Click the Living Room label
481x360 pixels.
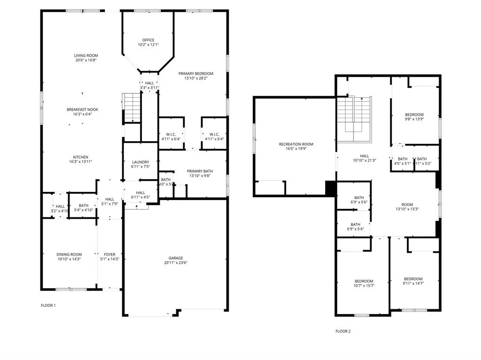tap(85, 58)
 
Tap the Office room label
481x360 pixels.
tap(148, 42)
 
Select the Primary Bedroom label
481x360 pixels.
tap(196, 76)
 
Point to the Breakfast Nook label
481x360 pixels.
tap(82, 112)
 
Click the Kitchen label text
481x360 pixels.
tap(80, 160)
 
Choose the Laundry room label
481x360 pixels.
tap(140, 164)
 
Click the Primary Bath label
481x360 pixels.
tap(200, 174)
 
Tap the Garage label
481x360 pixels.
tap(176, 260)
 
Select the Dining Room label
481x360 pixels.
tap(69, 257)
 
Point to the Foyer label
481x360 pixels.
tap(109, 257)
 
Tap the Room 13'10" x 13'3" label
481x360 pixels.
tap(407, 207)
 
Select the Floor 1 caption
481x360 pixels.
tap(48, 306)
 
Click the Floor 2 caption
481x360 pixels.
tap(343, 331)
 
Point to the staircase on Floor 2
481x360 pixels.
tap(355, 117)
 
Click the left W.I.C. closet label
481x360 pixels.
tap(171, 136)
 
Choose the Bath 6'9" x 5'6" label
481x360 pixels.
tap(359, 200)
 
